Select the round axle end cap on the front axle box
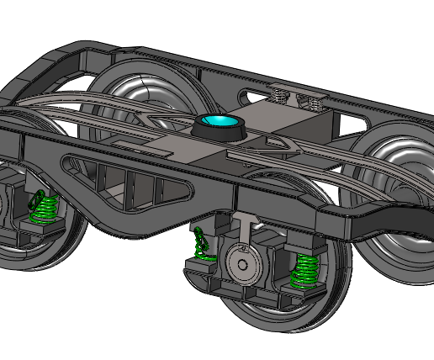click(x=243, y=263)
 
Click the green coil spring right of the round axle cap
click(x=304, y=269)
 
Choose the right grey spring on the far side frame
click(x=313, y=102)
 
